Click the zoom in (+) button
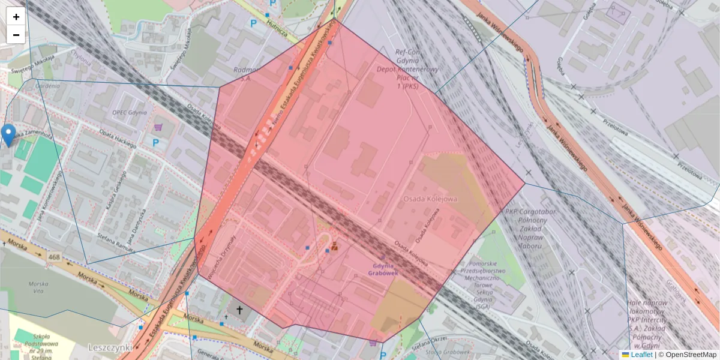[16, 17]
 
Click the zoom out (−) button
[16, 35]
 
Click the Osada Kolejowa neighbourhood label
[430, 198]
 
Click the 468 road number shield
[55, 257]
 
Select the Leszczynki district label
[110, 347]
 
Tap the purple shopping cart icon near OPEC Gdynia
[158, 127]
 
